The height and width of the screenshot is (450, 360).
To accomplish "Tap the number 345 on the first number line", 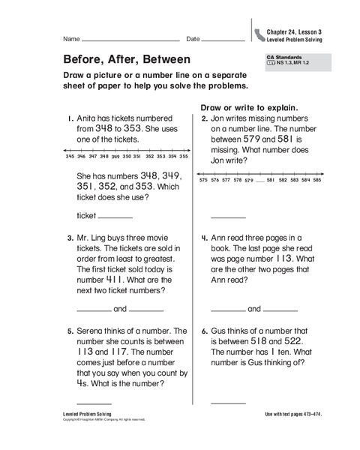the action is click(x=70, y=157).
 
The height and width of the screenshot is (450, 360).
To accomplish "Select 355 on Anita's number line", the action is click(x=184, y=157).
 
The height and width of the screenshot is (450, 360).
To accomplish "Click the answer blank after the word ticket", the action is click(x=115, y=217).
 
